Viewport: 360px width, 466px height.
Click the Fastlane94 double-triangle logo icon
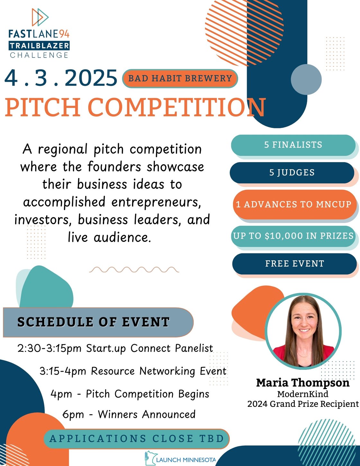(x=40, y=17)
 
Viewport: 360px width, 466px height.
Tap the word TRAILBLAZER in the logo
(x=39, y=46)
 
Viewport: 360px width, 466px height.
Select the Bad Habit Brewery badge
(x=180, y=78)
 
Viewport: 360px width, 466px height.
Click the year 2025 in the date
(x=91, y=78)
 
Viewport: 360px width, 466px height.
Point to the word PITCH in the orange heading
(x=43, y=107)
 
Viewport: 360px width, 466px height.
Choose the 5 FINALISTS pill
(x=293, y=145)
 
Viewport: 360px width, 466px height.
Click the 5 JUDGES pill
(x=292, y=173)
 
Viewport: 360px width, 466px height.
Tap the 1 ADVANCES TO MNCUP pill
(x=295, y=204)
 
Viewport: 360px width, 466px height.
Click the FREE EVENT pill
(x=294, y=264)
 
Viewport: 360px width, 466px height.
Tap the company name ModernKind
(x=303, y=394)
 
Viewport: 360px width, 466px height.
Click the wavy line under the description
(x=134, y=270)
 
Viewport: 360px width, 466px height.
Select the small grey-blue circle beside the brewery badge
(x=306, y=79)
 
